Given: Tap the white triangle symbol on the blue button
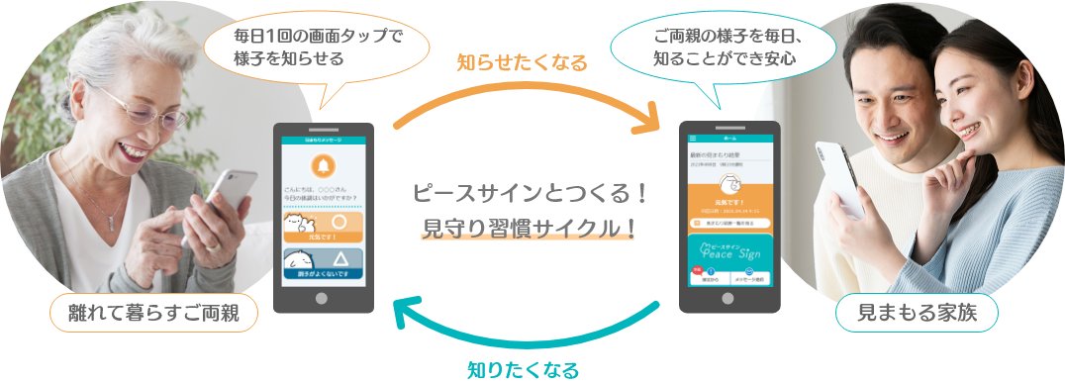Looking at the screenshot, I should (x=339, y=260).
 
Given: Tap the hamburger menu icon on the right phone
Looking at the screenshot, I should (x=693, y=138).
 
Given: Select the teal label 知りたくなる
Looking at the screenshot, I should (x=522, y=369).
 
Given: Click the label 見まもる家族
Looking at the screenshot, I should (x=916, y=314).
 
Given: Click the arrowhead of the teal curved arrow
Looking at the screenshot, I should (x=405, y=312).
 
